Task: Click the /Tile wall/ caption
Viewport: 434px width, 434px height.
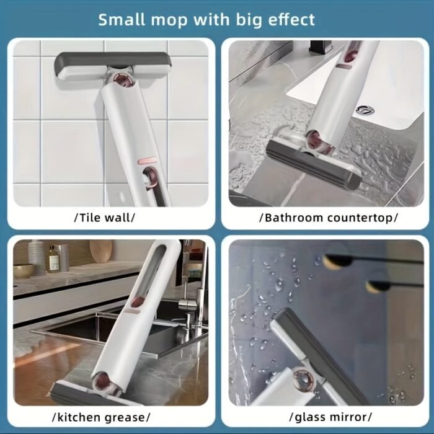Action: click(x=105, y=218)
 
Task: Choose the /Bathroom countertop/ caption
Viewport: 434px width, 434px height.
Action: click(x=329, y=218)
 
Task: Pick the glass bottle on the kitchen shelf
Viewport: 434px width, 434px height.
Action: click(x=54, y=259)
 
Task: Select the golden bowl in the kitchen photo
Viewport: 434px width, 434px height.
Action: click(x=24, y=271)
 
